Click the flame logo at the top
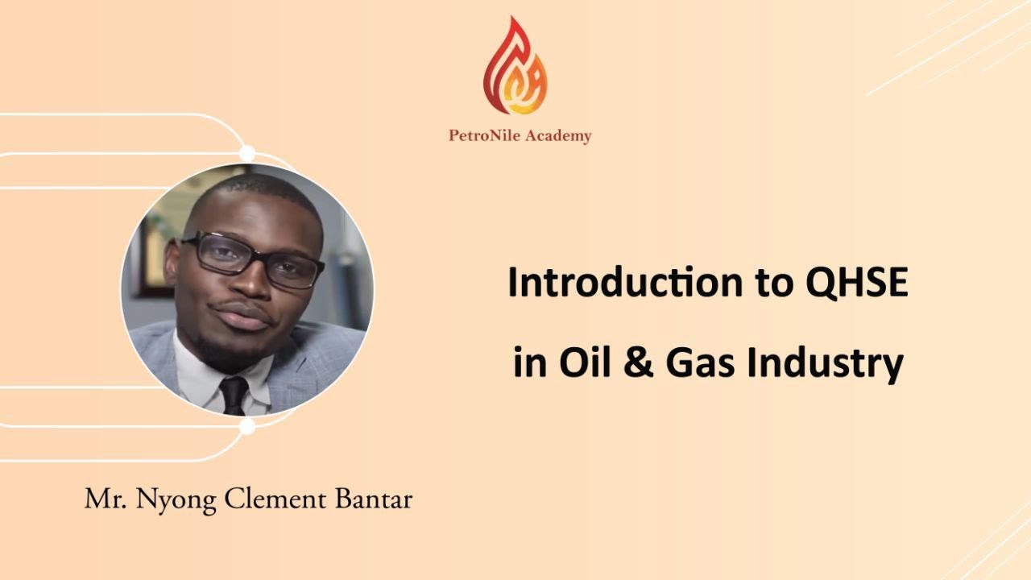click(515, 66)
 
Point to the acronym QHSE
click(856, 284)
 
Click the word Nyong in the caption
click(176, 500)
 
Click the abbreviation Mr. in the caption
click(106, 499)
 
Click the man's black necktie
click(234, 395)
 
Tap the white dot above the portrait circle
click(247, 153)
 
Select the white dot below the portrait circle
click(247, 427)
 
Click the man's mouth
click(242, 317)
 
